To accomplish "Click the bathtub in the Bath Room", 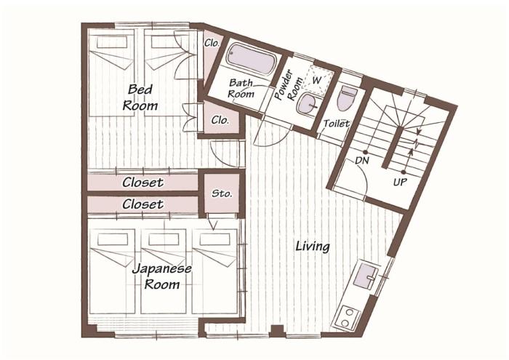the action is pos(252,60).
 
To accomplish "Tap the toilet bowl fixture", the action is pos(348,97).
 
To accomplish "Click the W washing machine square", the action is pos(317,79).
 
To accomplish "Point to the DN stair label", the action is pos(361,160).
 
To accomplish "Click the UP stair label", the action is pos(400,182).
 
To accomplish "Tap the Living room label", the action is pos(313,247).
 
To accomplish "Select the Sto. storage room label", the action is pos(222,193).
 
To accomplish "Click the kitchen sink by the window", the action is pos(366,276).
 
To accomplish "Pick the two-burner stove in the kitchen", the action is pos(348,317).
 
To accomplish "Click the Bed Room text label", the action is pos(140,97).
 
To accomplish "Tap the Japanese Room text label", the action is pos(161,276).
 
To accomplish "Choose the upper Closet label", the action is pos(143,183).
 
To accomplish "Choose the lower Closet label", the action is pos(143,204).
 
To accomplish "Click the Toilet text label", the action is pos(337,124).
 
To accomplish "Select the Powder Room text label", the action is pos(288,84).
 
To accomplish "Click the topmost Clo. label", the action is pos(212,43).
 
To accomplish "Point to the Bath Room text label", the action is pos(241,88).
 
